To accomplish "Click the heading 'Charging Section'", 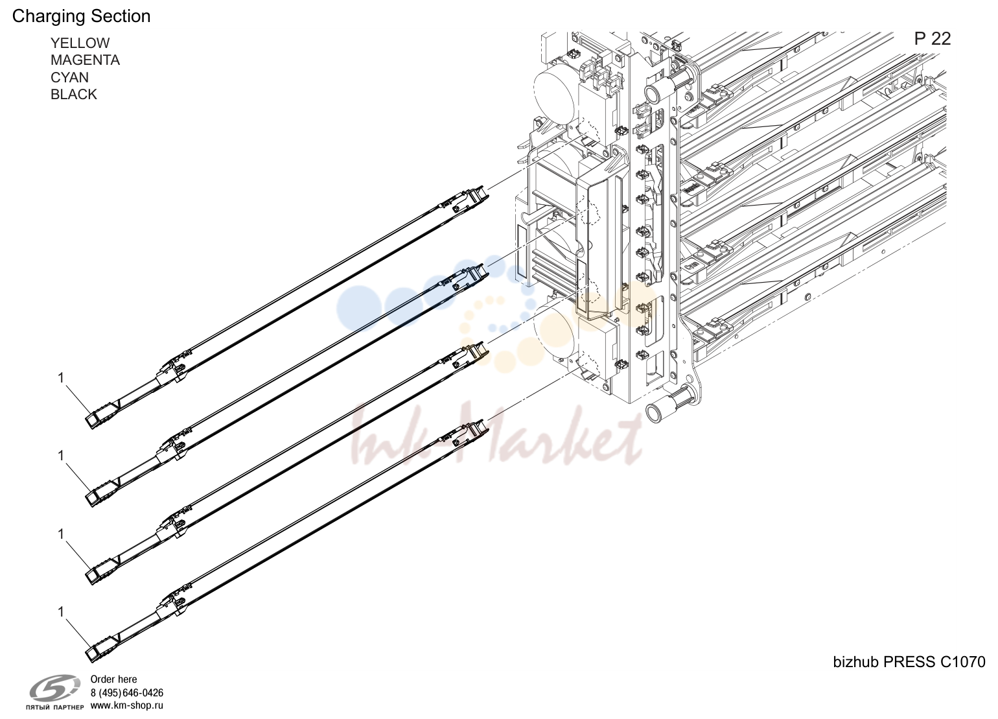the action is pyautogui.click(x=81, y=17).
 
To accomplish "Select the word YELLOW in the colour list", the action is pyautogui.click(x=80, y=43).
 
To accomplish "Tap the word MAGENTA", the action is pyautogui.click(x=85, y=60).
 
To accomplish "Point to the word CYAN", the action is pyautogui.click(x=69, y=78).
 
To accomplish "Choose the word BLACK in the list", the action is pyautogui.click(x=73, y=95).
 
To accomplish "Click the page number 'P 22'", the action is pyautogui.click(x=933, y=40).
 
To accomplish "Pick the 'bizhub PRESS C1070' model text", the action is pyautogui.click(x=909, y=662).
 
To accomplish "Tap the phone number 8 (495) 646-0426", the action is pyautogui.click(x=127, y=692).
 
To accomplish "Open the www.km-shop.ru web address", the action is pyautogui.click(x=126, y=705).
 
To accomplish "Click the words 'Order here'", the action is pyautogui.click(x=113, y=679).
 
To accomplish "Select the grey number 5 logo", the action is pyautogui.click(x=55, y=688).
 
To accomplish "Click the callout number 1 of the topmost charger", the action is pyautogui.click(x=61, y=378).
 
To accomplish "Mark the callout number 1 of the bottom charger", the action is pyautogui.click(x=61, y=612).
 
